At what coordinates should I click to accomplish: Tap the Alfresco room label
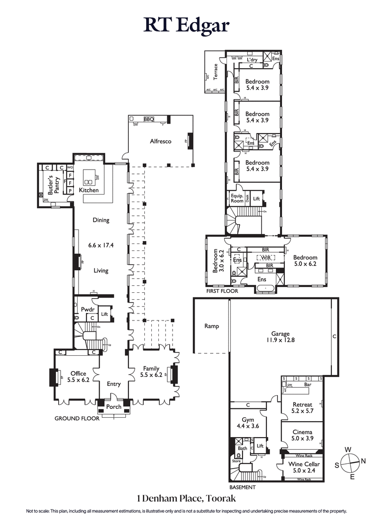pos(160,141)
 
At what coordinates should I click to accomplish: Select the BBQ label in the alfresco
pos(149,119)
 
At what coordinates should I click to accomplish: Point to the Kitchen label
pos(89,190)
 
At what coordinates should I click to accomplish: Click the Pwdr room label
pos(88,310)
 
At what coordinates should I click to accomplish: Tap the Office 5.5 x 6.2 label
pos(78,377)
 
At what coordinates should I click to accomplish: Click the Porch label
pos(114,407)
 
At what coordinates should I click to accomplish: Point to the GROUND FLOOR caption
pos(77,418)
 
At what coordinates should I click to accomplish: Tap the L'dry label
pos(252,60)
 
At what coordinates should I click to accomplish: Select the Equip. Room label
pos(237,198)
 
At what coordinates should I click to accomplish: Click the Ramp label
pos(211,326)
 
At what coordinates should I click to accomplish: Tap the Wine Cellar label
pos(302,468)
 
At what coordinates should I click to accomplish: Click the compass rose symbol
pos(348,464)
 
